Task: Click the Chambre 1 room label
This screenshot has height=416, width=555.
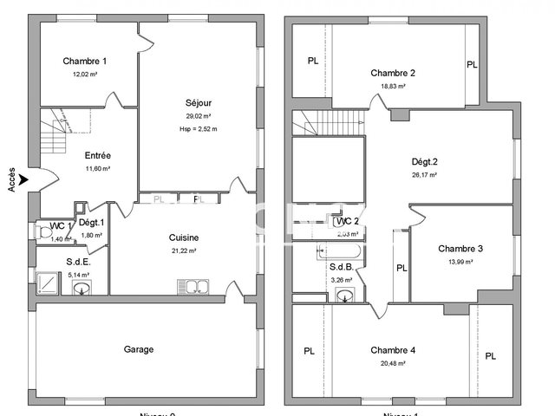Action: point(85,61)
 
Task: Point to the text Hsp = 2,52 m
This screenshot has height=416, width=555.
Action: point(199,128)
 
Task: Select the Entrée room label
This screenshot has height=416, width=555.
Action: point(96,156)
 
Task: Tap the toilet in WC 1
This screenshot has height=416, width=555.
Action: point(44,231)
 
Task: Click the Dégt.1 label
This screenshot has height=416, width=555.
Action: point(91,223)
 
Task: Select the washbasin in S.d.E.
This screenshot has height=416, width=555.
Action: point(82,288)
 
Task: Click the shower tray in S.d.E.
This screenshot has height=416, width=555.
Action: point(48,279)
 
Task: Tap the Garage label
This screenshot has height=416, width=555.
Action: point(139,349)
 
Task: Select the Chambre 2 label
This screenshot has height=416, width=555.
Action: point(393,73)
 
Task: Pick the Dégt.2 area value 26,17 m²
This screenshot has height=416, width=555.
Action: point(424,174)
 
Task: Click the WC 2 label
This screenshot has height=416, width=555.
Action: point(347,222)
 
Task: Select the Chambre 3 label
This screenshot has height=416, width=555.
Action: point(460,249)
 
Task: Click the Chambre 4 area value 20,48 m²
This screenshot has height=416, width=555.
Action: point(393,363)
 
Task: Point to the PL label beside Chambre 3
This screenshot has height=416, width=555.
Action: point(402,268)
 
